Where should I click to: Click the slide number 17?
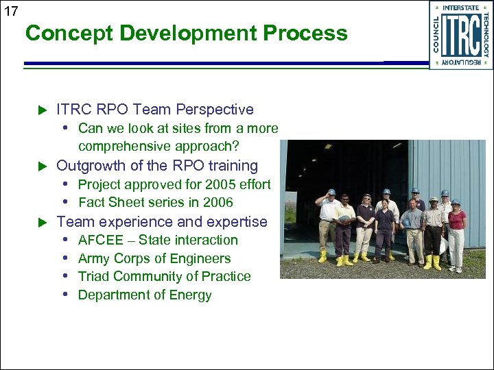coord(11,11)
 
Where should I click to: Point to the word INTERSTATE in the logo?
coord(460,8)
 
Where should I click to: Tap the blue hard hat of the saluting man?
coord(331,193)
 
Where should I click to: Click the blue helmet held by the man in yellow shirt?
coord(344,219)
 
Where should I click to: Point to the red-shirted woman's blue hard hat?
coord(456,202)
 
